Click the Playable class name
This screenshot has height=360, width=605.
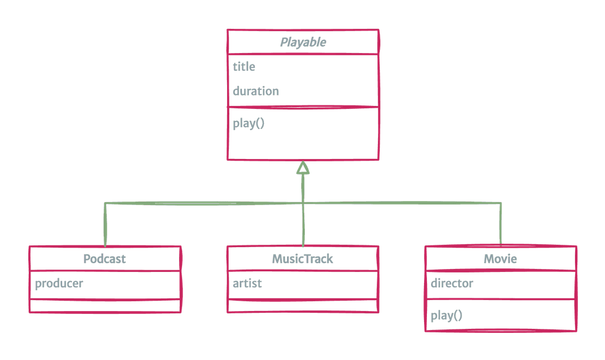pos(303,42)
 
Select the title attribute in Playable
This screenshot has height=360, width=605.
pos(244,67)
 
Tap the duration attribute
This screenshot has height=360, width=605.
pos(256,91)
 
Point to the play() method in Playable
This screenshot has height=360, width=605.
pos(249,123)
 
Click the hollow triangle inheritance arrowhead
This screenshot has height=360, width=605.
pos(303,168)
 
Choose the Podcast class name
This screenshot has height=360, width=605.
pos(104,259)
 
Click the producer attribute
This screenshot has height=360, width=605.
pos(59,283)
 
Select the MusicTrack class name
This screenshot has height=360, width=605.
pos(302,259)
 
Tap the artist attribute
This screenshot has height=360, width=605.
pos(247,283)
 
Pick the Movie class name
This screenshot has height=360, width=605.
pos(500,259)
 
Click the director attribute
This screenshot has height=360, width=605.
pos(452,283)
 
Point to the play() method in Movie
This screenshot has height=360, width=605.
pos(447,315)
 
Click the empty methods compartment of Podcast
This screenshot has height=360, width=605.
pos(105,306)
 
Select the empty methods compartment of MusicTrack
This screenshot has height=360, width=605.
pos(303,306)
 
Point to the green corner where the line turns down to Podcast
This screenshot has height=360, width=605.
pos(105,203)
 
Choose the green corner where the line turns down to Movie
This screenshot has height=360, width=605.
pos(500,203)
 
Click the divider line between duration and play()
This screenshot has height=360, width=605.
pos(303,107)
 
